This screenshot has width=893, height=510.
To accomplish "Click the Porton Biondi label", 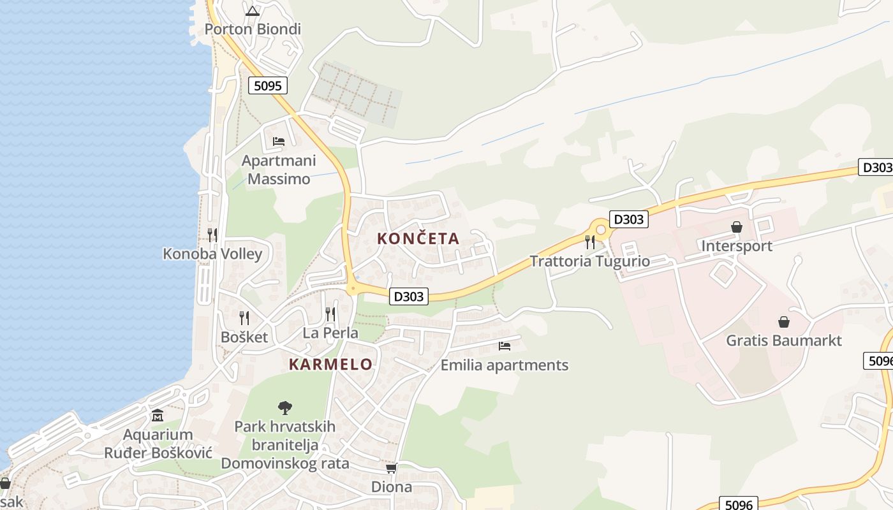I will point(253,29).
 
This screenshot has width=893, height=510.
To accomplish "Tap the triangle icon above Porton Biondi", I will point(253,11).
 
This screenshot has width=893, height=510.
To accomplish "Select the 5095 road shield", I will point(268,85).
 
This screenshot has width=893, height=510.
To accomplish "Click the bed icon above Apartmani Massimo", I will point(279,141).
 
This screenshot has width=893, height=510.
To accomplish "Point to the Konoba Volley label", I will point(212,254).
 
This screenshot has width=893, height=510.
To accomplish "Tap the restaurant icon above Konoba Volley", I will point(212,235).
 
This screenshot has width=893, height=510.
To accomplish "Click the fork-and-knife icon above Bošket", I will point(244,317).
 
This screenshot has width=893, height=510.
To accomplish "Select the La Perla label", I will point(330,333).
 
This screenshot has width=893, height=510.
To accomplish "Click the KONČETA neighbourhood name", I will point(418,239).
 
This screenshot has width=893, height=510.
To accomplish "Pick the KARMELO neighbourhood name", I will point(330,365).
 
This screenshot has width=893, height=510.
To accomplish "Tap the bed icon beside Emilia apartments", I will point(505,346).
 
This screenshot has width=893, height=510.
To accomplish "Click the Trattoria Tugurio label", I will point(590,261).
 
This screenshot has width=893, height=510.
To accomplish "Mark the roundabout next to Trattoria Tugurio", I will point(600,229).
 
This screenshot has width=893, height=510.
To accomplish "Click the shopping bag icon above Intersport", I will point(737,227).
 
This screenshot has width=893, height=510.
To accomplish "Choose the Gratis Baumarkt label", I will point(784,340).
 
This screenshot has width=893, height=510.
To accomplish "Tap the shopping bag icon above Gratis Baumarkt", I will point(784,322).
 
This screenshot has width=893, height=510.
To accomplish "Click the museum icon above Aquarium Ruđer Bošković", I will point(158,416).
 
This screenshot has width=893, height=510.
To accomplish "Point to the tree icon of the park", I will point(285,407).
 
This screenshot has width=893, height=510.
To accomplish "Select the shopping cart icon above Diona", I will point(392,469).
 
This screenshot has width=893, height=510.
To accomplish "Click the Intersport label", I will point(737,246).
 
